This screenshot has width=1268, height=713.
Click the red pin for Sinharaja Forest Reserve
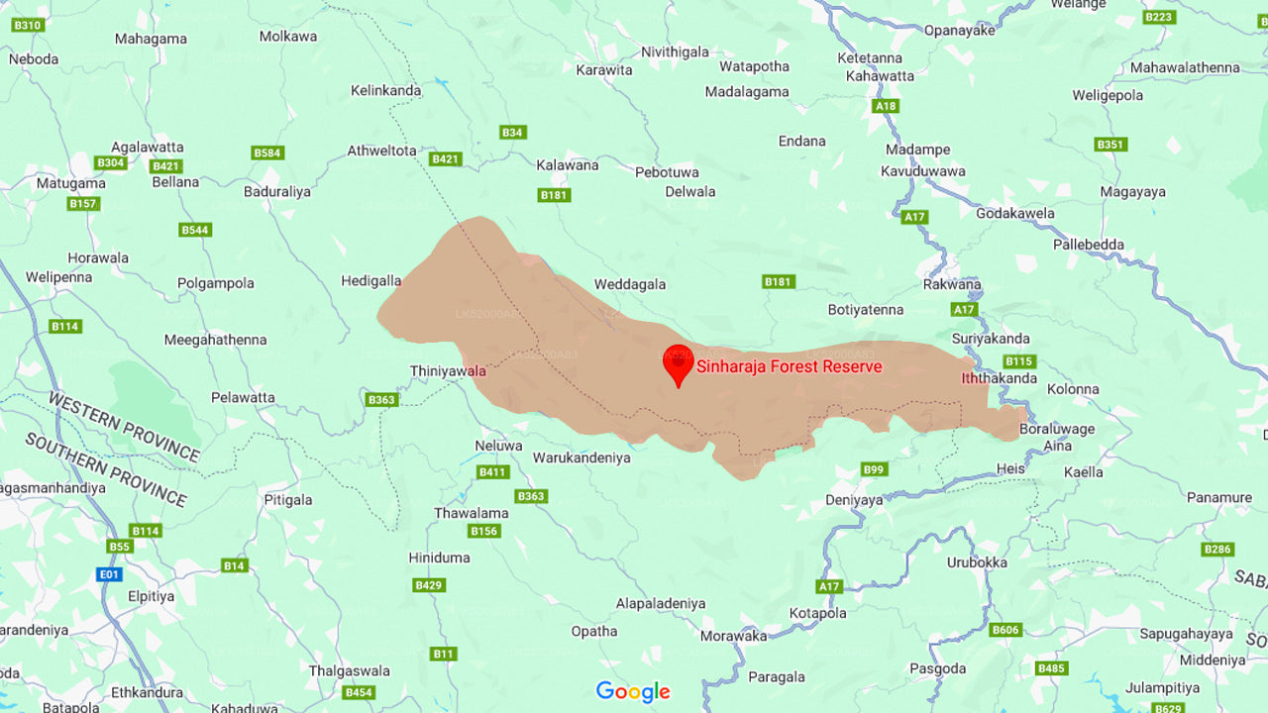click(x=678, y=363)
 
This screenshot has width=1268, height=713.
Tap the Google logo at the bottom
click(x=633, y=691)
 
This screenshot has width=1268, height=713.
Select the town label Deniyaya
click(x=854, y=500)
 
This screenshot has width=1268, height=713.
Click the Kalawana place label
click(x=567, y=165)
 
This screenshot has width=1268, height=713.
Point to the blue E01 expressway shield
click(x=108, y=574)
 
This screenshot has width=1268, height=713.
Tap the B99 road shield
click(x=874, y=469)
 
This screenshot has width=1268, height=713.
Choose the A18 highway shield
click(x=886, y=106)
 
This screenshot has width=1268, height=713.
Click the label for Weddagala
click(x=629, y=284)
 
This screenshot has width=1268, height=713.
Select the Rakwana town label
click(x=952, y=284)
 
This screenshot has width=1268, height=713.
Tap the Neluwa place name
click(x=498, y=446)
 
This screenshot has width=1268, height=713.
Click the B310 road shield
click(x=28, y=25)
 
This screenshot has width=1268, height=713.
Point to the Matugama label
click(x=70, y=183)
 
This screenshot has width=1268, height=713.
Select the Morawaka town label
click(x=733, y=636)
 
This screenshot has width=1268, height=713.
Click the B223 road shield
click(x=1158, y=17)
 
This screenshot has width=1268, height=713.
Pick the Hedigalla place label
click(x=370, y=280)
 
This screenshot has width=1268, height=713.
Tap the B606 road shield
click(x=1005, y=630)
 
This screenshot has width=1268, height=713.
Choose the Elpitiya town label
click(x=151, y=596)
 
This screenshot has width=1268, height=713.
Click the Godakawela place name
click(x=1015, y=213)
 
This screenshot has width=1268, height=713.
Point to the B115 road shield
click(x=1018, y=361)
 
